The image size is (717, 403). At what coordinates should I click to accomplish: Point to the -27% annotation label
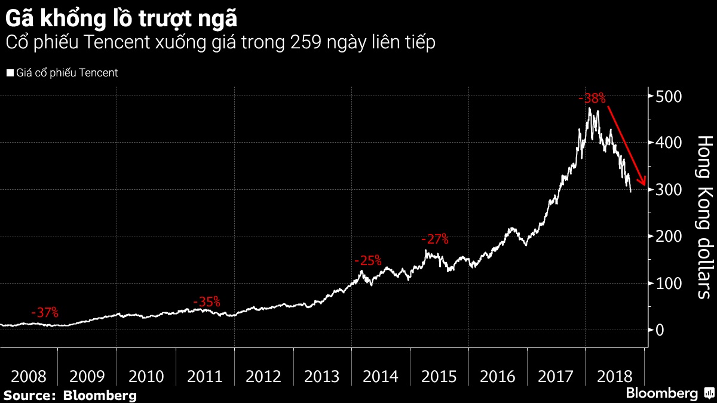point(434,239)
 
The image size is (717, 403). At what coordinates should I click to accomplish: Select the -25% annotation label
point(367,261)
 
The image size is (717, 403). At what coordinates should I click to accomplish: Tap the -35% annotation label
point(207,302)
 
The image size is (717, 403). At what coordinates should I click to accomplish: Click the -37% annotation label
point(44,312)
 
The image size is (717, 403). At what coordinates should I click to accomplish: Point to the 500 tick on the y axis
point(668,96)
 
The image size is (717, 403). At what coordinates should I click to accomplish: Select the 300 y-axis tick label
point(668,190)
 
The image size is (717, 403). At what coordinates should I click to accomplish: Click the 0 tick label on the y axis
point(660,330)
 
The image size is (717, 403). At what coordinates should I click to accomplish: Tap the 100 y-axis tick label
point(668,284)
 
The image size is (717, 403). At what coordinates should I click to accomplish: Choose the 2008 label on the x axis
point(29,377)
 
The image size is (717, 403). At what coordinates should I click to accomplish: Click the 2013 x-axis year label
point(321,377)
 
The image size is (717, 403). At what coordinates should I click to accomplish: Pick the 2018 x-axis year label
point(615,377)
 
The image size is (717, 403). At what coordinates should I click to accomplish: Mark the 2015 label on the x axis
point(439,377)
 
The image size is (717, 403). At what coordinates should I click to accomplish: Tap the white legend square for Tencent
point(10,73)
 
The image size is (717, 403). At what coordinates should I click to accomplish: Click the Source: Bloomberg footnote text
point(70,395)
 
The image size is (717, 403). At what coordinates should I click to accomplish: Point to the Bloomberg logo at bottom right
point(669,393)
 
